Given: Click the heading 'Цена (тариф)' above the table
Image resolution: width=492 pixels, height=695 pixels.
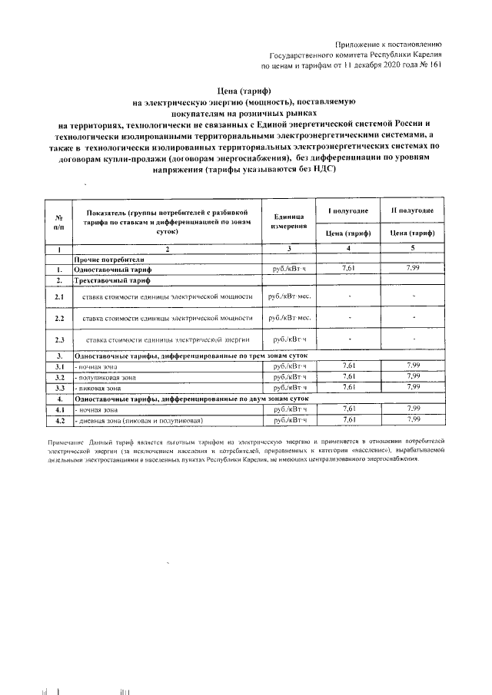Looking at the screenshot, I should point(246,91).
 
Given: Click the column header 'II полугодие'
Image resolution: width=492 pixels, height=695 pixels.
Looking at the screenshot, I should point(413,210).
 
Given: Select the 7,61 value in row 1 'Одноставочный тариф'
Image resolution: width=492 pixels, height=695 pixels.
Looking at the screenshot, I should point(347,269).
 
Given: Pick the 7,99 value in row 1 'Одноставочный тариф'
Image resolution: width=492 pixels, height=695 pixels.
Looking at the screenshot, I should point(413,269).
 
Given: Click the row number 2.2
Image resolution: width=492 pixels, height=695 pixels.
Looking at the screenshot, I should point(58,317).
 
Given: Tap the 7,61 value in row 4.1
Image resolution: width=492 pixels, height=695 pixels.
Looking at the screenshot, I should point(347,409).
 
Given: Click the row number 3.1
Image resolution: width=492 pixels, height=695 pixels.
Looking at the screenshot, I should point(58,366).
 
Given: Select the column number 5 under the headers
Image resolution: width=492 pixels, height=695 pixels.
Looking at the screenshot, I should point(413,248).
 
